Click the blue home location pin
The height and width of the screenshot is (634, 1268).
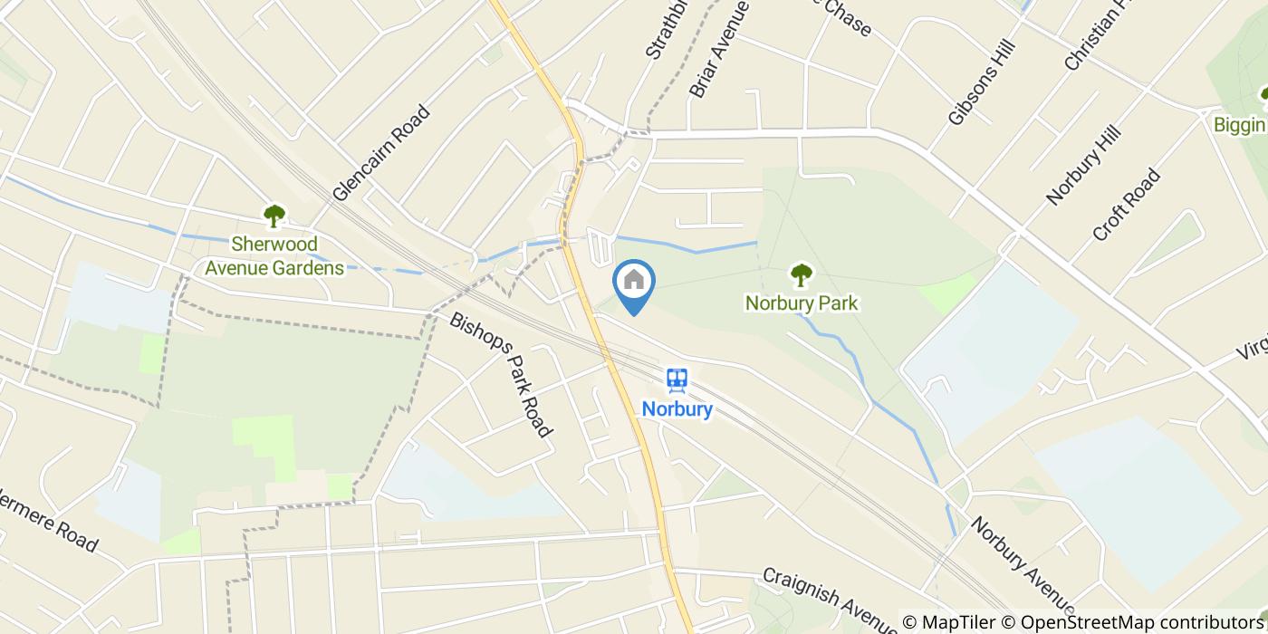[634, 283]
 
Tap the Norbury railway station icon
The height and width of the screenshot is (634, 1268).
[677, 380]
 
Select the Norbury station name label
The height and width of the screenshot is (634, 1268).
[677, 409]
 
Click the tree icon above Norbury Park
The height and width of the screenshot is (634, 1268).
[801, 274]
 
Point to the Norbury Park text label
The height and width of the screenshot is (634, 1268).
[801, 303]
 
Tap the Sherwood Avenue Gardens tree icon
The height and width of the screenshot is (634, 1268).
[274, 216]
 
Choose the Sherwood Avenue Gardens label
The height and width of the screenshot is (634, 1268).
[274, 255]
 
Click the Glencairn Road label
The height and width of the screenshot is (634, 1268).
[380, 152]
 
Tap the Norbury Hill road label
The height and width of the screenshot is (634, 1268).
[1084, 165]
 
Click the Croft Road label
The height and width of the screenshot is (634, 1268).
[1127, 205]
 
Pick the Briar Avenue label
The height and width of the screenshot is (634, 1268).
[720, 49]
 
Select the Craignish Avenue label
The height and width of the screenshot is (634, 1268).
[829, 601]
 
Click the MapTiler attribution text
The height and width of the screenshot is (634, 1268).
[958, 623]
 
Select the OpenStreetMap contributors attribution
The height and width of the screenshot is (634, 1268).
[1143, 623]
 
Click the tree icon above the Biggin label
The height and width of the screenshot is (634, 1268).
[1263, 95]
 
